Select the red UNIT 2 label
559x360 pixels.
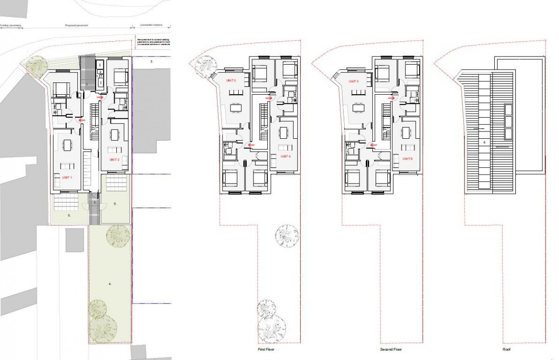coord(114,160)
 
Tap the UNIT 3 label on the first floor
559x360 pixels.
coord(231,80)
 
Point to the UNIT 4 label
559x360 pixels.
coord(285,156)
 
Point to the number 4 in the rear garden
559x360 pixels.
coord(110,283)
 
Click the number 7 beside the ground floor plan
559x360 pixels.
coord(152,63)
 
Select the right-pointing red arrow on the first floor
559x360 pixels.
coord(268,98)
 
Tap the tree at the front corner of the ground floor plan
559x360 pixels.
coord(35,64)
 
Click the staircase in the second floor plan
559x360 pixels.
coord(386,123)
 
